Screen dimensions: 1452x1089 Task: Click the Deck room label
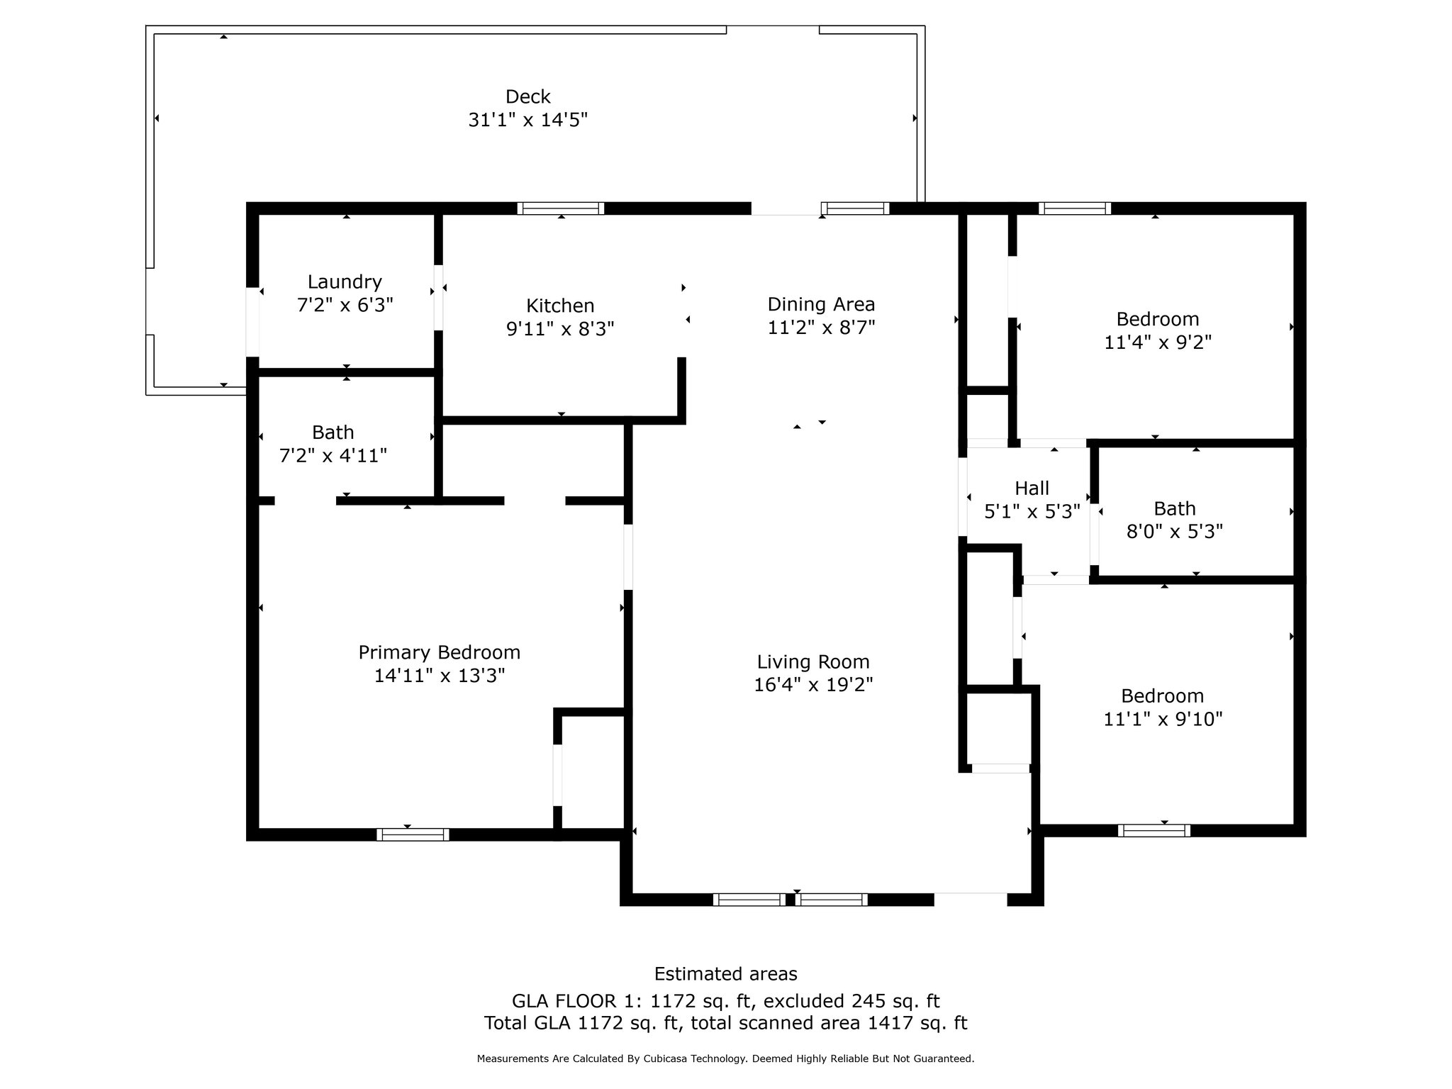528,96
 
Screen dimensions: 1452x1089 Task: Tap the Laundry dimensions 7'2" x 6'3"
345,305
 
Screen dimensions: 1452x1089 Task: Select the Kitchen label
560,306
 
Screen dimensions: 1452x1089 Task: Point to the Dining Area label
821,305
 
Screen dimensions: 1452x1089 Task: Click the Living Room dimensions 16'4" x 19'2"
813,685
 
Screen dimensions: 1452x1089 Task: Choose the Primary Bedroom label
440,653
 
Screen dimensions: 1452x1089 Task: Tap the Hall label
1032,488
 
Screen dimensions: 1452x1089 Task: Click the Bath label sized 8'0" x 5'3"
1175,508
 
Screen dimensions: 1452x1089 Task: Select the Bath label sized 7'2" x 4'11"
333,432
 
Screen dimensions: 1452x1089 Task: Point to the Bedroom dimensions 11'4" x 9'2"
1158,342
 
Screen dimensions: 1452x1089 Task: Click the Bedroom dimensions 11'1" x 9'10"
1163,719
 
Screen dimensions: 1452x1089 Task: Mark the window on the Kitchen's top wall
561,208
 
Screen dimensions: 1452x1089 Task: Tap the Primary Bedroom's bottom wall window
413,834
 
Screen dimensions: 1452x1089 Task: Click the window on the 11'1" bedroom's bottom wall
1154,830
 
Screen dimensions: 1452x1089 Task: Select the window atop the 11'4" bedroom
1075,208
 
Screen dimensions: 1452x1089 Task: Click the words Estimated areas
725,974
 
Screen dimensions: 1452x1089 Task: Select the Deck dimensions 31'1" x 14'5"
528,120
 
